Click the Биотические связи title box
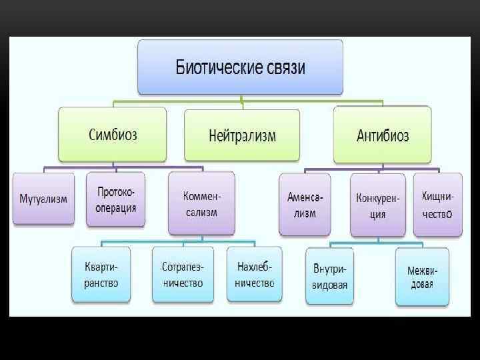point(241,67)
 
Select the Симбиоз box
point(113,135)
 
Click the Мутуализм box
point(43,198)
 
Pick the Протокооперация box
point(116,199)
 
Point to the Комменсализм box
point(201,203)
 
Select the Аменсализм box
point(305,205)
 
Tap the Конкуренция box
point(377,205)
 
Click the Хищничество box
point(437,204)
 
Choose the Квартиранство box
point(101,274)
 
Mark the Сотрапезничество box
point(183,274)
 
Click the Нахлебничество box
point(255,274)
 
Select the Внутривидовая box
point(329,276)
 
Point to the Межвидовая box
point(421,277)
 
